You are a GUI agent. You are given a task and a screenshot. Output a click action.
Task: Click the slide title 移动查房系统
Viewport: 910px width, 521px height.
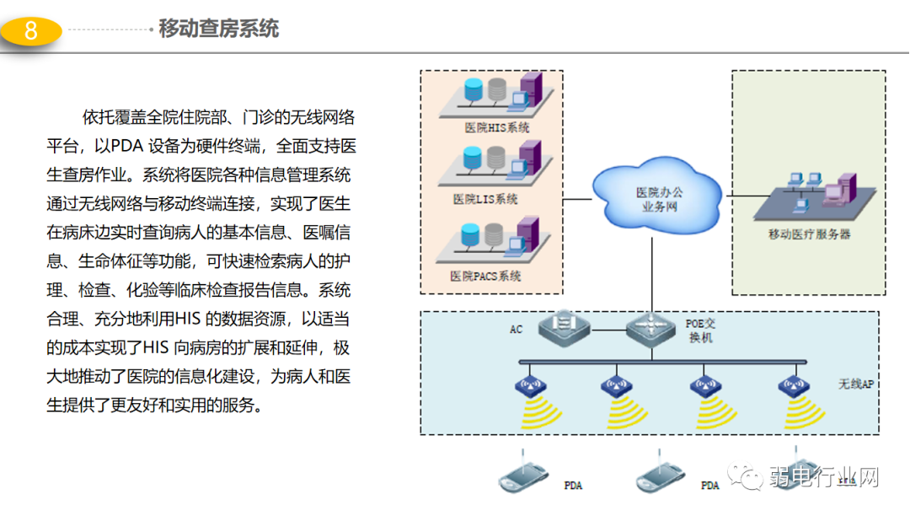[219, 30]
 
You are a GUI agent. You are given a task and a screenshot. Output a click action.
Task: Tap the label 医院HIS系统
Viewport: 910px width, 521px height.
[497, 127]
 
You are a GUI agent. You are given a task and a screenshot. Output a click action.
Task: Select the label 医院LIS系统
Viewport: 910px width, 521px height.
[485, 200]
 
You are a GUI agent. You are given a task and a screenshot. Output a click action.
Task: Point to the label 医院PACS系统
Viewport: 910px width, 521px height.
[485, 276]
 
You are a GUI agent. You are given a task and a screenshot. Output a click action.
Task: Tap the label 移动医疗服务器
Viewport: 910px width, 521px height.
[809, 234]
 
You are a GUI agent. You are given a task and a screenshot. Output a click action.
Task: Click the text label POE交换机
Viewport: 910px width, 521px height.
[700, 330]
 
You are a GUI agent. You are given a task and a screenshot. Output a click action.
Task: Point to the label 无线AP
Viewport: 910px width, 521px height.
[856, 384]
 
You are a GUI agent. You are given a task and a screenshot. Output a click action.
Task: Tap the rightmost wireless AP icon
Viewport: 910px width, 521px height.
[792, 387]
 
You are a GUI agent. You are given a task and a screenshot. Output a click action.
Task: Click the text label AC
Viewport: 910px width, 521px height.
[516, 329]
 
